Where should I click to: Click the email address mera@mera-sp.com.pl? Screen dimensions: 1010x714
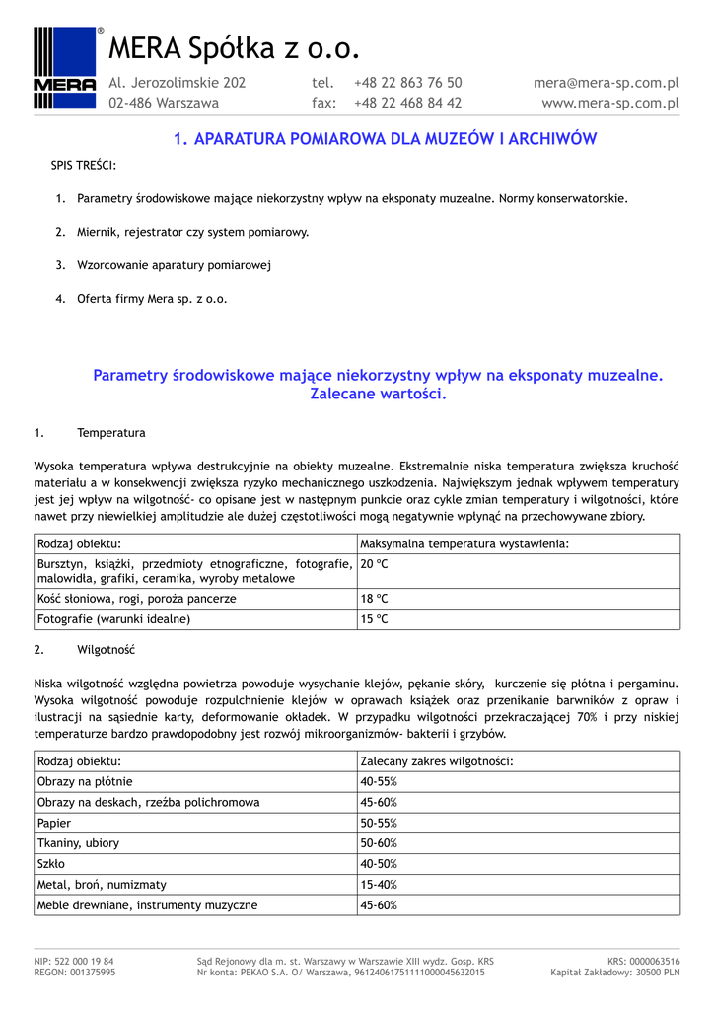point(606,83)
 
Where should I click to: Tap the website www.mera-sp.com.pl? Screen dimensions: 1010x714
point(610,103)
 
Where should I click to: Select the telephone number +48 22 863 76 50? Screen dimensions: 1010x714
point(407,83)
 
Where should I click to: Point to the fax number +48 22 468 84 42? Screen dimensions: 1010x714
point(407,103)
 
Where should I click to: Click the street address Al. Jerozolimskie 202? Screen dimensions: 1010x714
point(177,83)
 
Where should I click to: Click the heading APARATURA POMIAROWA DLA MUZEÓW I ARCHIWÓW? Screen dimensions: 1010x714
point(385,139)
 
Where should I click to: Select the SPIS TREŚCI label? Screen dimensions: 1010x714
point(83,165)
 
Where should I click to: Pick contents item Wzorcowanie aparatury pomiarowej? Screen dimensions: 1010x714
point(174,265)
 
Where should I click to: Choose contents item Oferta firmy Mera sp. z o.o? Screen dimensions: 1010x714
point(152,299)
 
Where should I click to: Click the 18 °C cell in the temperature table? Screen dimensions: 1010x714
point(374,599)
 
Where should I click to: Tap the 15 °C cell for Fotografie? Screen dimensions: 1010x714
point(374,619)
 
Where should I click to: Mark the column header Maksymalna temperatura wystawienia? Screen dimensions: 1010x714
point(464,543)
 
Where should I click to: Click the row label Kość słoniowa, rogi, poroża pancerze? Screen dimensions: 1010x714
point(136,599)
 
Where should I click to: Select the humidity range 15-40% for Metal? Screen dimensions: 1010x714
point(379,885)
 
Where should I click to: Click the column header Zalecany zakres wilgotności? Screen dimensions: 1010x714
point(437,761)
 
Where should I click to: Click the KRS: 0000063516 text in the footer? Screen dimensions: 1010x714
point(643,961)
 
